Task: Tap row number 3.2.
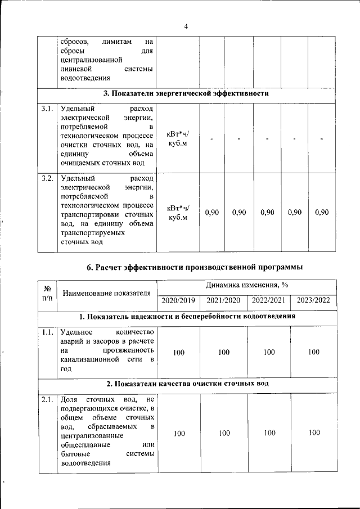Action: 47,179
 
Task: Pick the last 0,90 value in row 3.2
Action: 322,212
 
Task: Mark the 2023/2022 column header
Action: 313,300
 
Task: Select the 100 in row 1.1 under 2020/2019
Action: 178,352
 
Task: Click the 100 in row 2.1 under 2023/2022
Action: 314,433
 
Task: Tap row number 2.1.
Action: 47,400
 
